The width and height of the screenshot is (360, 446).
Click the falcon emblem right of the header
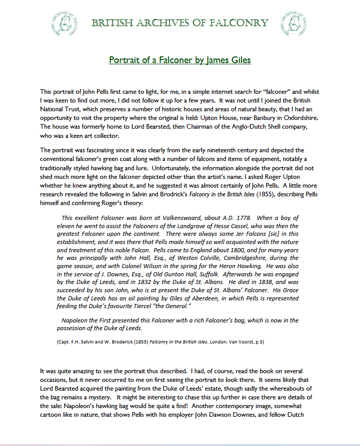coord(293,23)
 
